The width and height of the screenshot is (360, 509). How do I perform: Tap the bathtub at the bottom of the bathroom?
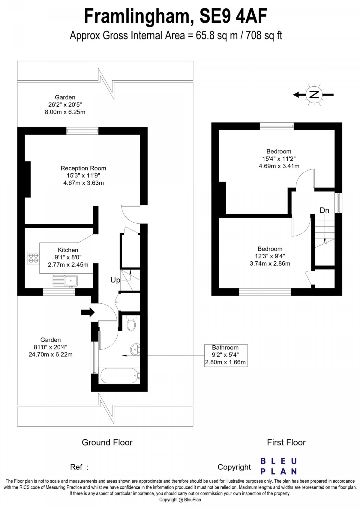119,375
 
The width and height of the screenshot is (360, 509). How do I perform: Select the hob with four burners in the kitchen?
33,258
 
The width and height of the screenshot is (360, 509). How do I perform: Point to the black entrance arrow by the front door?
88,312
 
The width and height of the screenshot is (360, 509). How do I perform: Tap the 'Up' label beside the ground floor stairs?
115,280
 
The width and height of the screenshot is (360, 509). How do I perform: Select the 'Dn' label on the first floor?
324,210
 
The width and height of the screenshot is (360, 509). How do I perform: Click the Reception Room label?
83,168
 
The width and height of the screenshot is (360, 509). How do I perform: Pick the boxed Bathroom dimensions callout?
226,355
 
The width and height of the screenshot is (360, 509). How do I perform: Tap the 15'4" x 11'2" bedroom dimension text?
279,159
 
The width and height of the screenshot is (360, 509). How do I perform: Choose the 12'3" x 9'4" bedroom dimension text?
270,256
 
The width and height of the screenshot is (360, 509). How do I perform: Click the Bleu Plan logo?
278,466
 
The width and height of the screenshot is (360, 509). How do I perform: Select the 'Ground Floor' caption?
107,442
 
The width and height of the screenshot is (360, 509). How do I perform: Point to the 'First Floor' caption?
286,442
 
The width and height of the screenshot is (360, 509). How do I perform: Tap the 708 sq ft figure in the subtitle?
264,36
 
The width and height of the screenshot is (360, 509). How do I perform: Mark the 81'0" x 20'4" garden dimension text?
50,347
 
